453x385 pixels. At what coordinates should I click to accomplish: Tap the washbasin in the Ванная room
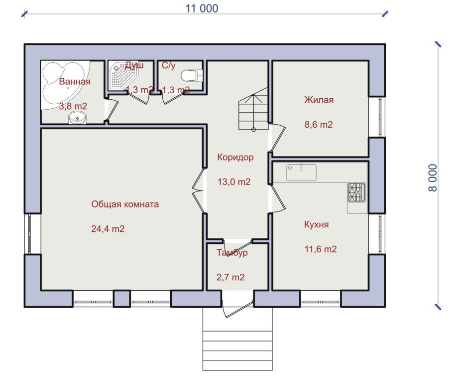coord(78,118)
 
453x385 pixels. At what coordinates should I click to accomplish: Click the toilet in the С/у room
coord(192,75)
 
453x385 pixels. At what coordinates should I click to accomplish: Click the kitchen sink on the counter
coord(301,173)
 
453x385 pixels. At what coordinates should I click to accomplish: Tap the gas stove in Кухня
coord(357,192)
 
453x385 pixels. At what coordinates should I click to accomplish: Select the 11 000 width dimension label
coord(202,8)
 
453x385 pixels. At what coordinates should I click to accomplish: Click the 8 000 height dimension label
coord(433,178)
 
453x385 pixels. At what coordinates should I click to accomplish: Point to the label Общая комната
coord(125,204)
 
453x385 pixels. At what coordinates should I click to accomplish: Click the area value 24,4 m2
coord(108,229)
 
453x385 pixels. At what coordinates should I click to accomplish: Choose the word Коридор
coord(235,157)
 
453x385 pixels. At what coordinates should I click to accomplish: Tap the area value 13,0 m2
coord(234,182)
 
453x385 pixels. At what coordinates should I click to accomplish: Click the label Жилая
coord(319,100)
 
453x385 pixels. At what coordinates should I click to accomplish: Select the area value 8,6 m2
coord(319,125)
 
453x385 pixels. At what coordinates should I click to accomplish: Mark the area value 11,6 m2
coord(321,249)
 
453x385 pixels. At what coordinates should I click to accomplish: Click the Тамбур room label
coord(232,252)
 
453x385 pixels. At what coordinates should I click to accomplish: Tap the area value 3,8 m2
coord(73,106)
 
